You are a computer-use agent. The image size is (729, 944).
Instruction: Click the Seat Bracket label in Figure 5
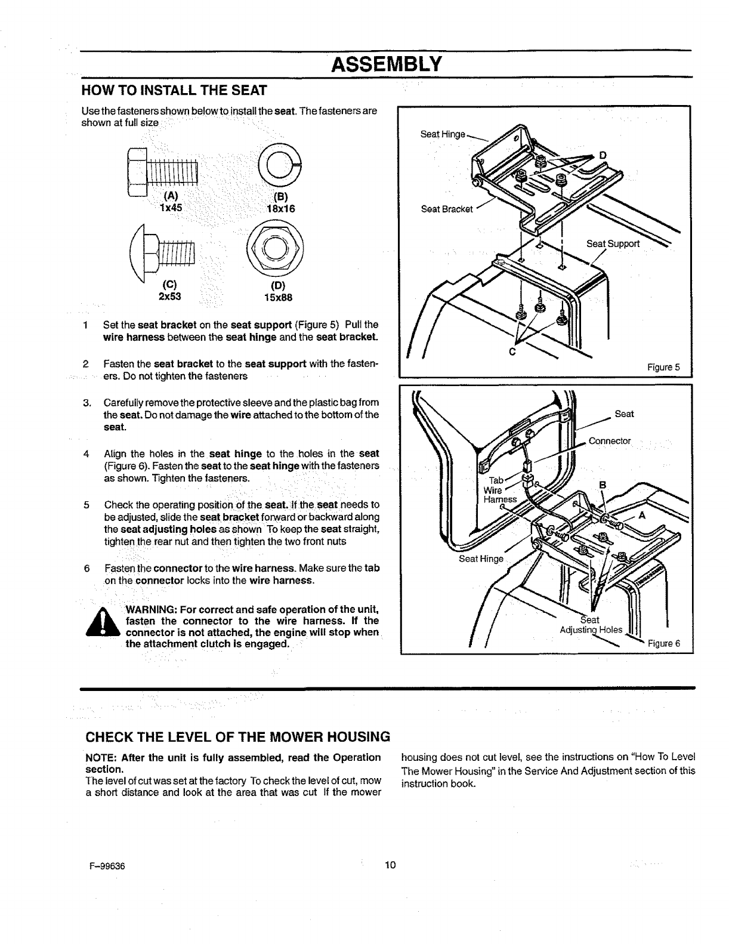pyautogui.click(x=447, y=209)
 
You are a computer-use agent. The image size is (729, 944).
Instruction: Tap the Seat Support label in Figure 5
pyautogui.click(x=613, y=243)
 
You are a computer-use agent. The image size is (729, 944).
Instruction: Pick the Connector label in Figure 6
pyautogui.click(x=609, y=441)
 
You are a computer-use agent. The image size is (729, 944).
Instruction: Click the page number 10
pyautogui.click(x=391, y=865)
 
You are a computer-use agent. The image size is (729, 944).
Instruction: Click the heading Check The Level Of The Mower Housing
pyautogui.click(x=236, y=736)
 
